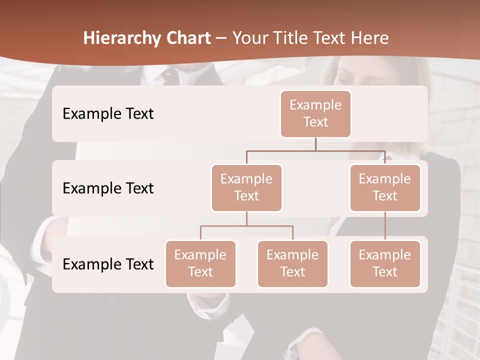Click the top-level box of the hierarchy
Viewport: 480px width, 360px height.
pyautogui.click(x=315, y=113)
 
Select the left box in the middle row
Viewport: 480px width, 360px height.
pyautogui.click(x=246, y=187)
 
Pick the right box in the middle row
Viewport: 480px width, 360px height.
pyautogui.click(x=385, y=187)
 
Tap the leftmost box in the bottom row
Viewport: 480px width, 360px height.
pyautogui.click(x=200, y=263)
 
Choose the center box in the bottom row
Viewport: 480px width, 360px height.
pyautogui.click(x=292, y=263)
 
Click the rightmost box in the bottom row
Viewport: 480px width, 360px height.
pyautogui.click(x=385, y=263)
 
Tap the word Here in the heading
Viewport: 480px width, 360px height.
pyautogui.click(x=370, y=38)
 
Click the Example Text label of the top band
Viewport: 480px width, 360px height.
pyautogui.click(x=108, y=113)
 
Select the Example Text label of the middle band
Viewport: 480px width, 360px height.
pyautogui.click(x=108, y=188)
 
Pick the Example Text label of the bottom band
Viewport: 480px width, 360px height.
pyautogui.click(x=108, y=264)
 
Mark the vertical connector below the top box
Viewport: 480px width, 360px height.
pyautogui.click(x=315, y=144)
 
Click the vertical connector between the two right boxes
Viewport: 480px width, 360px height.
pyautogui.click(x=385, y=226)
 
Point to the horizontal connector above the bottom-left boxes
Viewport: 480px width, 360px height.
pyautogui.click(x=246, y=226)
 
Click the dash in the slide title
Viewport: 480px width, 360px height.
pyautogui.click(x=221, y=38)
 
